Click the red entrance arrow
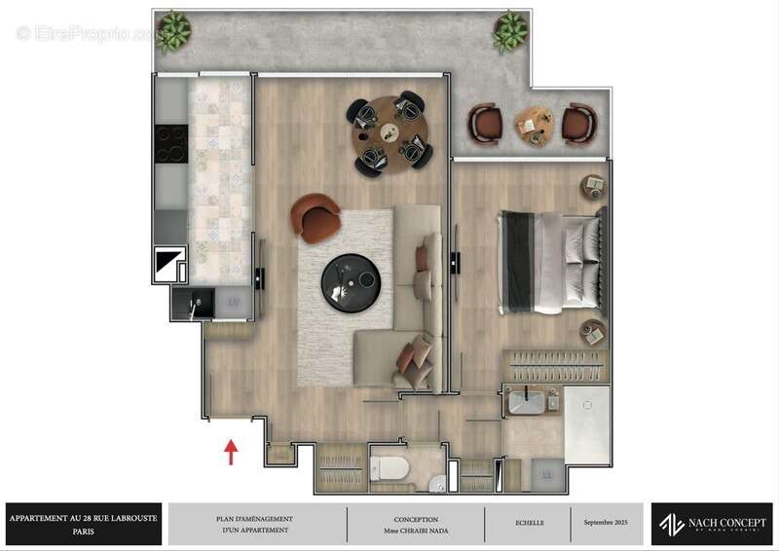(232, 452)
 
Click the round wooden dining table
(389, 132)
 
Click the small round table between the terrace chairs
(534, 124)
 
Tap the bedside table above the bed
(592, 184)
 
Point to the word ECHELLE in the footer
(530, 523)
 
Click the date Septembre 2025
(607, 523)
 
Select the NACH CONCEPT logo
(712, 524)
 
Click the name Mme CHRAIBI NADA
(416, 530)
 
